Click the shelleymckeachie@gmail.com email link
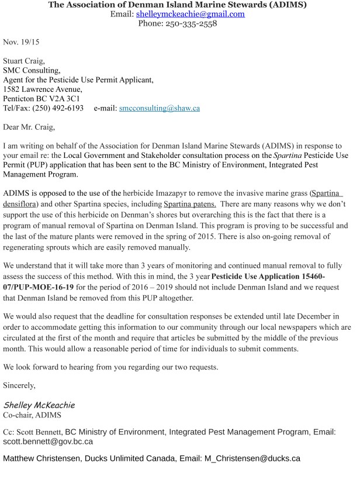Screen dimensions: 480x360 point(190,14)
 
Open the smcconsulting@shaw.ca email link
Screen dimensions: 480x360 point(160,108)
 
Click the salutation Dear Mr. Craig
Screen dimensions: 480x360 point(30,126)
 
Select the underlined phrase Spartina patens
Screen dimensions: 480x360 point(190,203)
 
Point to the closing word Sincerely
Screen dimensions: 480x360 point(19,385)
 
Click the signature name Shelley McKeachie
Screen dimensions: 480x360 point(39,405)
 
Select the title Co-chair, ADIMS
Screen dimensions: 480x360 point(31,415)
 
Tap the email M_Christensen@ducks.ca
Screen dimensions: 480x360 point(252,458)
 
